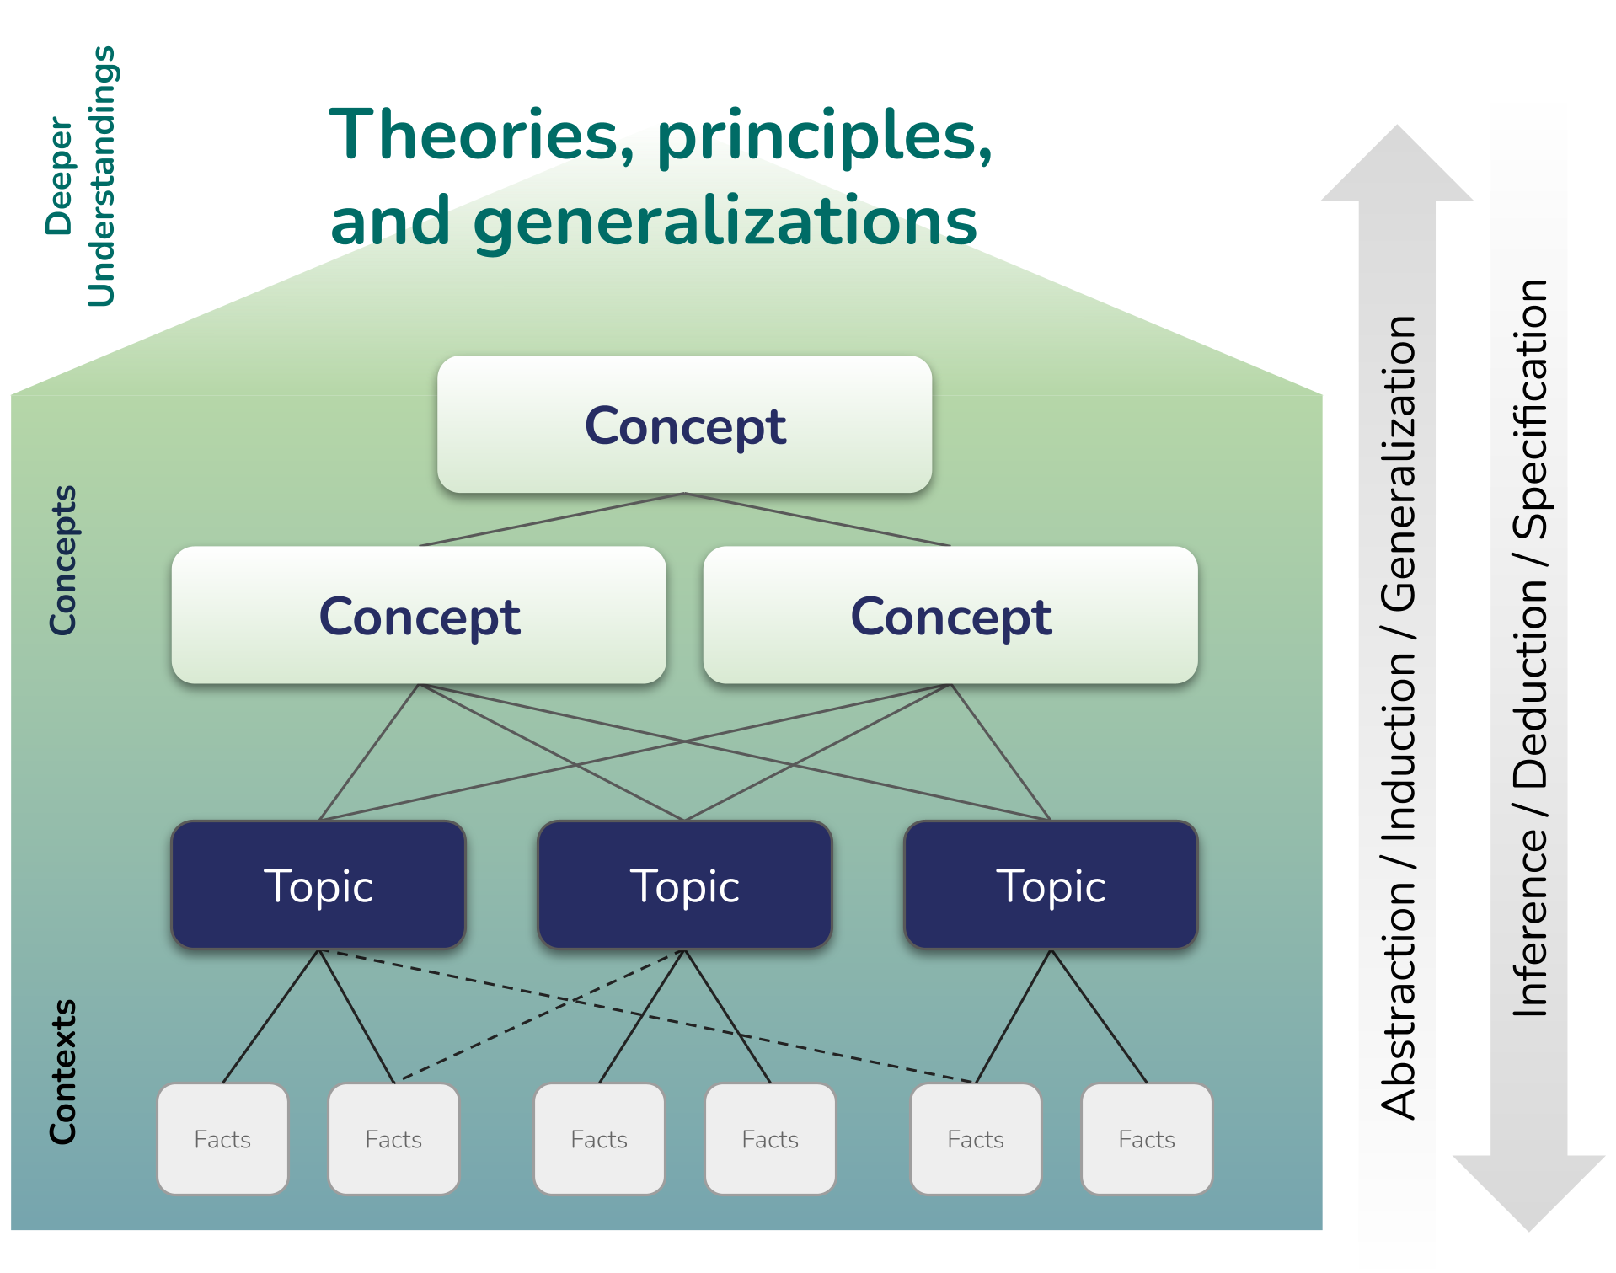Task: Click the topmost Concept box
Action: point(684,424)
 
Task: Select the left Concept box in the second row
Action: point(419,615)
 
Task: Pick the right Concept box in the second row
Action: point(950,615)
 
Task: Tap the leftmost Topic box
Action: point(318,885)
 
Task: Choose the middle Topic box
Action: point(685,885)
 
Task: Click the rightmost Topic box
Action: point(1051,885)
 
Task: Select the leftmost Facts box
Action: point(222,1139)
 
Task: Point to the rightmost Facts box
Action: point(1147,1139)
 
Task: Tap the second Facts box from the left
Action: point(393,1139)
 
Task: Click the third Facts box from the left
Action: point(599,1139)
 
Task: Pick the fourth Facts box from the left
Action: point(770,1139)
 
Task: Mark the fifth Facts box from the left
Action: point(976,1139)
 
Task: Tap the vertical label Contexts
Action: point(63,1072)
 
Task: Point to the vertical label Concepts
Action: point(63,559)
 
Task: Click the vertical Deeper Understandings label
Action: point(81,176)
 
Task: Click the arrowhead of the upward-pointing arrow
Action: point(1397,163)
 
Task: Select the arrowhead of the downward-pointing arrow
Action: point(1528,1193)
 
